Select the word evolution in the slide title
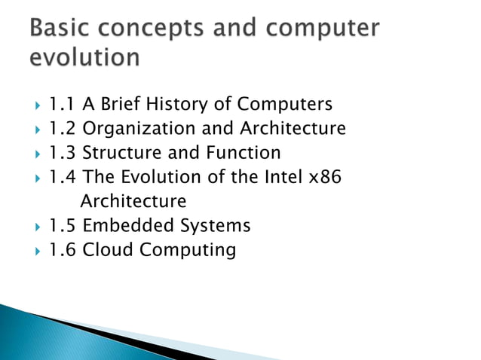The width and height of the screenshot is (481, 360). click(85, 57)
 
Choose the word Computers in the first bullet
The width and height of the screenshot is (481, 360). click(285, 104)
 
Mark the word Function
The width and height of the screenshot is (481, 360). click(243, 153)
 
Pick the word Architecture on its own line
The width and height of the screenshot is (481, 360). click(133, 201)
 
